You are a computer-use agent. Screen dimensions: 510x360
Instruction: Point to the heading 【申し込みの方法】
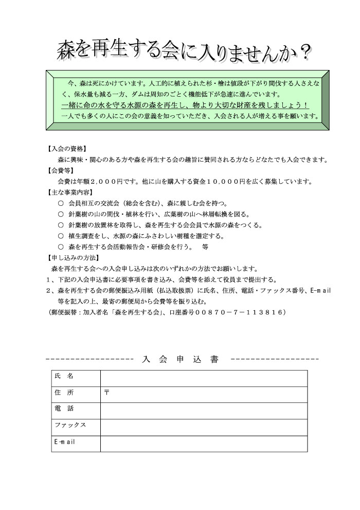tap(71, 258)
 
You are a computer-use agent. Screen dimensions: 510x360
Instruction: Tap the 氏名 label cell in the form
tap(76, 377)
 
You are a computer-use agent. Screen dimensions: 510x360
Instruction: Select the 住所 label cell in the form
tap(76, 394)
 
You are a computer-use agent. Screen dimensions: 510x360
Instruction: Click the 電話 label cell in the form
tap(76, 410)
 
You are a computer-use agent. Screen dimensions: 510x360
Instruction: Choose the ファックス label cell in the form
tap(76, 426)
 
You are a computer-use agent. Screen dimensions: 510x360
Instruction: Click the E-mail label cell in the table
tap(76, 443)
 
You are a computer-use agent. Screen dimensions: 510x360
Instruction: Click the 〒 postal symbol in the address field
tap(106, 393)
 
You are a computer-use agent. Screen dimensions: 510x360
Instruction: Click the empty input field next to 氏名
tap(204, 378)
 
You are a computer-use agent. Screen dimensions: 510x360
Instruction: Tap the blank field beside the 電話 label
tap(204, 410)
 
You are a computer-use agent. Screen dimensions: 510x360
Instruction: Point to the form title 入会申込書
tap(180, 359)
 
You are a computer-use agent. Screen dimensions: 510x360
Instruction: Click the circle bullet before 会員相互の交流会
tap(61, 203)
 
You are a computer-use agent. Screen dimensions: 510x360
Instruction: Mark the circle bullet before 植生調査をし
tap(61, 236)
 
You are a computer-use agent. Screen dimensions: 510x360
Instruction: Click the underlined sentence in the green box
tap(184, 105)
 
